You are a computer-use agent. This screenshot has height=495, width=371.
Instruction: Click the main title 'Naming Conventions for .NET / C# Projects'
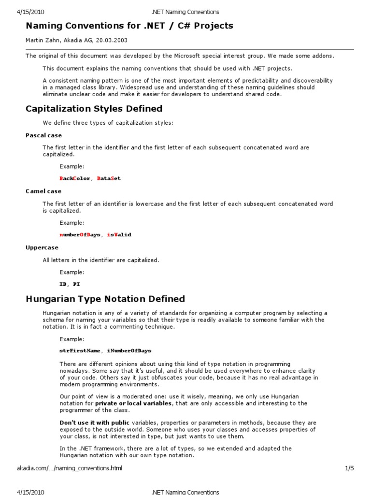(x=129, y=26)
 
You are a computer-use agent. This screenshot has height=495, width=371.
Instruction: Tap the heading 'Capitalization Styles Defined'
(x=94, y=108)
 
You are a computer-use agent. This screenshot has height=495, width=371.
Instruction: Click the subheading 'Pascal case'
(x=43, y=135)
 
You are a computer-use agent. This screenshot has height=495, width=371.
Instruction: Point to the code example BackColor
(x=74, y=178)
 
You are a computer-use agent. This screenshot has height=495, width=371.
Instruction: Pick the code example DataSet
(x=109, y=178)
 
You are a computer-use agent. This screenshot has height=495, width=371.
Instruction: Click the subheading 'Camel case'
(x=43, y=191)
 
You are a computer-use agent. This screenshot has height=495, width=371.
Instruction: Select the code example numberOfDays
(x=80, y=234)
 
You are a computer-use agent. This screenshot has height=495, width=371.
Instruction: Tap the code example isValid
(x=119, y=234)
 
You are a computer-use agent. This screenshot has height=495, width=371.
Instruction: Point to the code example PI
(x=76, y=284)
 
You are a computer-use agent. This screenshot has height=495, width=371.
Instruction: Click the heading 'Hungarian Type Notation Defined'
(x=105, y=299)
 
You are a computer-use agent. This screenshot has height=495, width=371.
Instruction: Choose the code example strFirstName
(x=80, y=350)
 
